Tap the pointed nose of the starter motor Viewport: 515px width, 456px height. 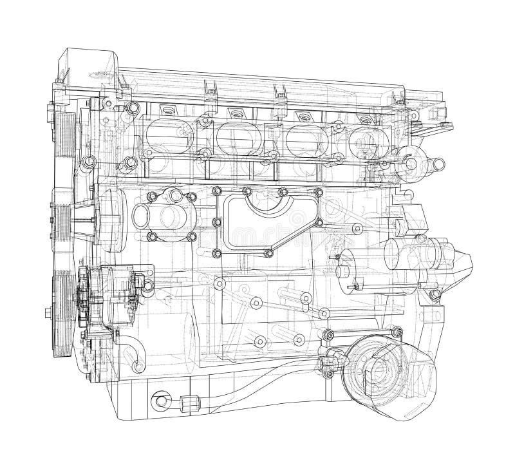[465, 261]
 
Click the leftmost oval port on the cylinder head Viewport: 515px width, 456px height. [165, 135]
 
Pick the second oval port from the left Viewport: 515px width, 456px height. [234, 136]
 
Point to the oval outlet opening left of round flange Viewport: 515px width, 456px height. [142, 212]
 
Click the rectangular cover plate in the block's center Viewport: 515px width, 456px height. [267, 222]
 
